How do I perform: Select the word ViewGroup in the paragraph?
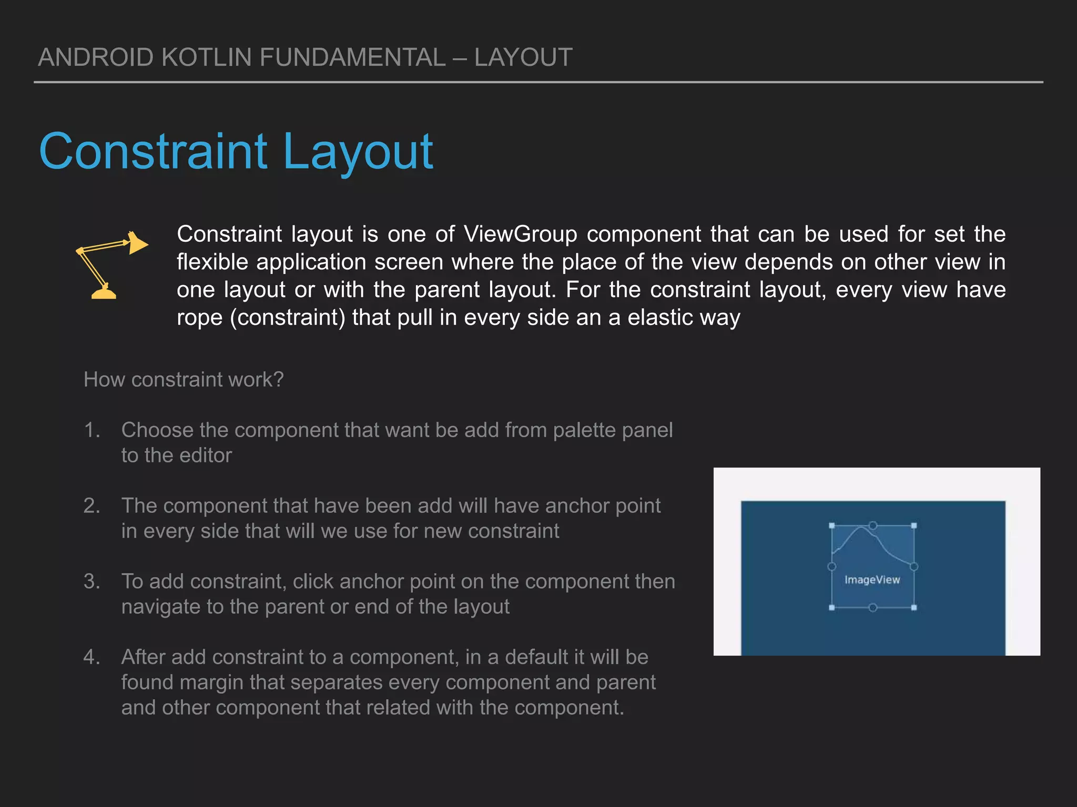[x=520, y=234]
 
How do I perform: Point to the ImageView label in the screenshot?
[x=872, y=580]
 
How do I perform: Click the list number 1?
[x=92, y=430]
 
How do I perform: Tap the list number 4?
[x=92, y=657]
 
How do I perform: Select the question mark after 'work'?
[x=279, y=379]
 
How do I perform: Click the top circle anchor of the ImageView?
[x=873, y=525]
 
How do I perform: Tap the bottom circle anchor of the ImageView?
[x=873, y=608]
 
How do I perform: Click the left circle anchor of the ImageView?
[x=832, y=566]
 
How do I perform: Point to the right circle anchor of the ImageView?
[x=914, y=566]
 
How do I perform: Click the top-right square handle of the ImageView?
[x=914, y=525]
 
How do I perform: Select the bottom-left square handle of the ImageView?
[x=832, y=608]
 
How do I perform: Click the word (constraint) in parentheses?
[x=288, y=317]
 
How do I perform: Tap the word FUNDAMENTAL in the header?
[x=352, y=57]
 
